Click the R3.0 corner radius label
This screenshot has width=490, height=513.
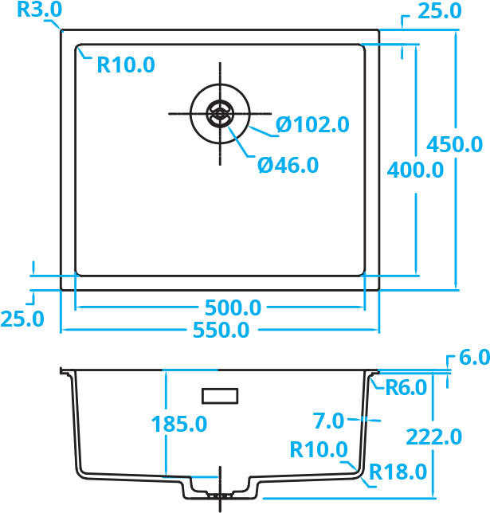click(39, 10)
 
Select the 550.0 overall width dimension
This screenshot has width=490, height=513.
click(221, 330)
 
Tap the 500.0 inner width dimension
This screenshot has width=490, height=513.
click(233, 307)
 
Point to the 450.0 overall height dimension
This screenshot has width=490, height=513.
click(454, 144)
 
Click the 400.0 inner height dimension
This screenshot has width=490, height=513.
click(415, 170)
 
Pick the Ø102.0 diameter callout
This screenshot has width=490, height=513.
click(312, 124)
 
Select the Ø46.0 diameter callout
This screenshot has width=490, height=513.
click(288, 165)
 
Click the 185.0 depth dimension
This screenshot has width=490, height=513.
click(179, 424)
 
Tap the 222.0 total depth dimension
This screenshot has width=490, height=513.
click(433, 437)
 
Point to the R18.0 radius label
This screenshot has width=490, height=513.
click(398, 472)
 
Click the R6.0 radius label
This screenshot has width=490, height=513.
click(406, 388)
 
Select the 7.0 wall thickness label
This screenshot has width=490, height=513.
click(328, 421)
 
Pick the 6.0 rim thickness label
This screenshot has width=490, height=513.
click(474, 357)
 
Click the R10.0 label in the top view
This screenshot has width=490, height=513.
click(126, 65)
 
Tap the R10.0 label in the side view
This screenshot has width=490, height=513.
click(319, 449)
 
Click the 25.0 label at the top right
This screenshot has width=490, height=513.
click(440, 11)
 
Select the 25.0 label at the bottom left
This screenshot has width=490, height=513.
click(22, 319)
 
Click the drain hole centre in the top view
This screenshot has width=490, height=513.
click(220, 114)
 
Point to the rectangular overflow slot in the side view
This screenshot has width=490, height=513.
click(220, 396)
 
